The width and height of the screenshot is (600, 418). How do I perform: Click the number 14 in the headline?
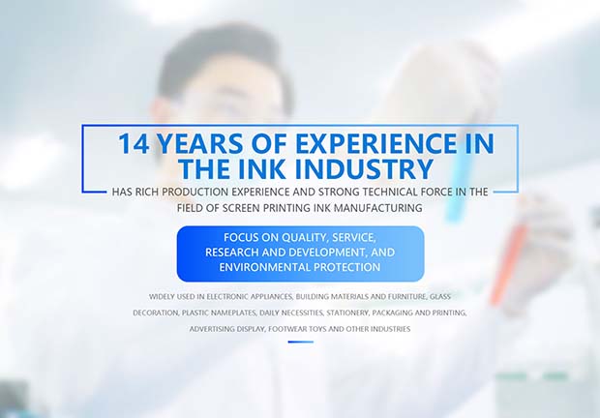[134, 143]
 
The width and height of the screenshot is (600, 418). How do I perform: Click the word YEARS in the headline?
[199, 143]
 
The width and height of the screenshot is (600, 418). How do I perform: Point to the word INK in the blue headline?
[261, 168]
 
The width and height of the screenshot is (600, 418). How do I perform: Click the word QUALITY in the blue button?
[305, 237]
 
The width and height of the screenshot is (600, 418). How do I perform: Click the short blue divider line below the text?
[301, 342]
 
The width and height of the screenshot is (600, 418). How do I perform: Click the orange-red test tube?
[508, 264]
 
